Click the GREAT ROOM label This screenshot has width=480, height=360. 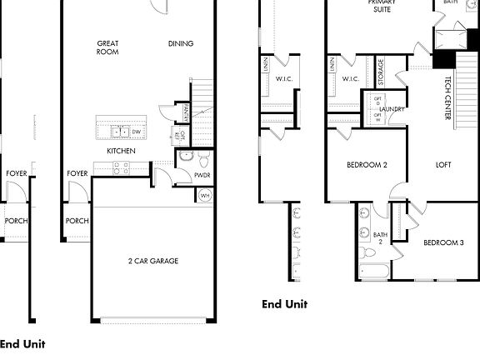point(107,47)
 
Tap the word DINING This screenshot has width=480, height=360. point(181,44)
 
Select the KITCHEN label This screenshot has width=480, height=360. point(121,151)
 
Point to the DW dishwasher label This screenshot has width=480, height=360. point(136,132)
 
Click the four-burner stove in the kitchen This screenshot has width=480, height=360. point(120,167)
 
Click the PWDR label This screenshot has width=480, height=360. point(202,176)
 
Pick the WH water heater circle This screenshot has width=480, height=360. point(205,196)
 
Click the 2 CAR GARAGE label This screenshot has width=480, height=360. point(153,261)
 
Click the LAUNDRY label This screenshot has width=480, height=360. point(392,110)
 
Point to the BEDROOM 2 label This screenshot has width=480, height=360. point(367,164)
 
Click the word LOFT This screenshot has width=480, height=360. point(443,164)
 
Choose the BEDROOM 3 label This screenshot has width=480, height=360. point(443,242)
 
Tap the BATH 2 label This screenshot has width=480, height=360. point(380,238)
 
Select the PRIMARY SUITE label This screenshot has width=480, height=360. point(382,5)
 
